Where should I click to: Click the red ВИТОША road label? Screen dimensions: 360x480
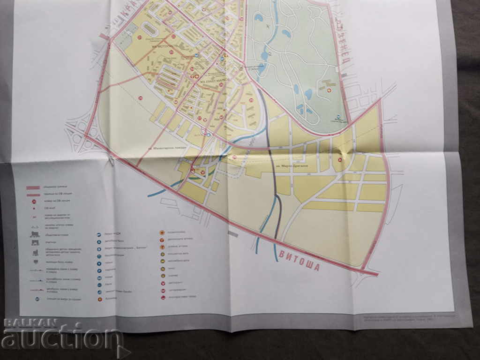click(x=298, y=261)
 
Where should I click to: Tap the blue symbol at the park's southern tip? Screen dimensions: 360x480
click(x=339, y=115)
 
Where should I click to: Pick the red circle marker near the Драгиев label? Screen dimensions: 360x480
click(x=340, y=159)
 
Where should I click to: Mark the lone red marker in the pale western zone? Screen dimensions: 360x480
click(x=140, y=97)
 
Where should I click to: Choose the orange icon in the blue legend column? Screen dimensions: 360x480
click(x=100, y=299)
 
